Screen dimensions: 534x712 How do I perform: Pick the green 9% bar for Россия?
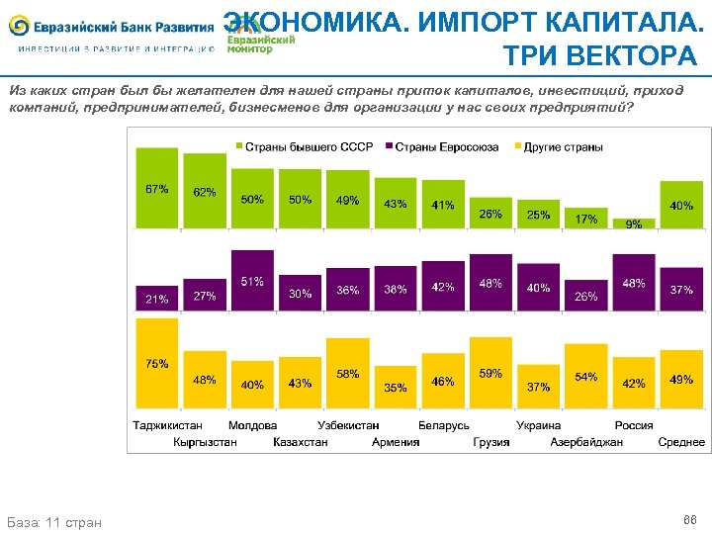click(x=634, y=223)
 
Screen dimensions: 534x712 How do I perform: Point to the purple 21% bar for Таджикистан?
click(x=156, y=298)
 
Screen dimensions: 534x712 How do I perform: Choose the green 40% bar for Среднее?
click(x=681, y=205)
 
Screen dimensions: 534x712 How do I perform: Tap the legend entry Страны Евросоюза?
click(x=445, y=147)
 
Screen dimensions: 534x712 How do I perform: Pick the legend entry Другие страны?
click(x=558, y=147)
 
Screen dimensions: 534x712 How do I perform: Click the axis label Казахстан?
click(x=300, y=442)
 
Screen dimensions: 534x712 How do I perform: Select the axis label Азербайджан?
click(x=586, y=442)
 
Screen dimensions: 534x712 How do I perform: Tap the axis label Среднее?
click(x=681, y=442)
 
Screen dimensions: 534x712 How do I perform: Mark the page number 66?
click(x=689, y=519)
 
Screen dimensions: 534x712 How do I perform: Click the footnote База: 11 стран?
click(x=54, y=521)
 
